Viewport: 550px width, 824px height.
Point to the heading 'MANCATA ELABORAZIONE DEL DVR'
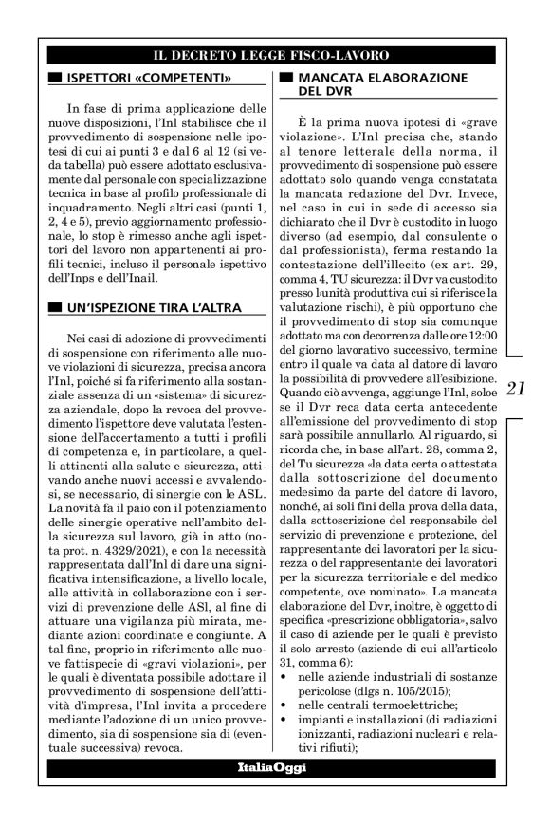coord(380,83)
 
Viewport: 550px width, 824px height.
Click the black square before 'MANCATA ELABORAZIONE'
coord(285,75)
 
